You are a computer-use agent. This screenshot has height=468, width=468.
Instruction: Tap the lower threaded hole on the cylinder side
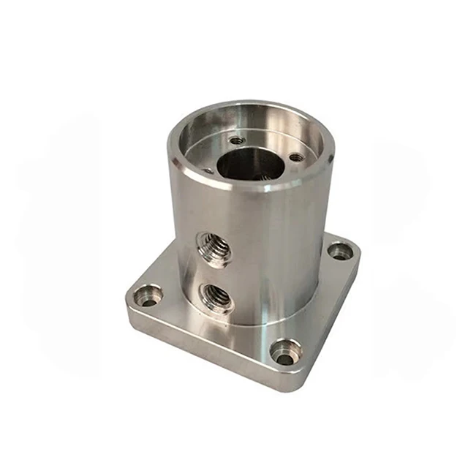click(216, 296)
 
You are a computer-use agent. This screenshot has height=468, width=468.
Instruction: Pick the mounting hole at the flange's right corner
click(340, 252)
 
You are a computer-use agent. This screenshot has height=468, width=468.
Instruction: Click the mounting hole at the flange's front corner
click(285, 352)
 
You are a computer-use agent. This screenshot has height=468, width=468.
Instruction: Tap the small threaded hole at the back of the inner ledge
click(237, 140)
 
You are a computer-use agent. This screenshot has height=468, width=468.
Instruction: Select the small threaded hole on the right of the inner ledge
click(295, 157)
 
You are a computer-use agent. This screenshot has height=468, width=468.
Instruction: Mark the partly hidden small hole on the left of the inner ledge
click(207, 170)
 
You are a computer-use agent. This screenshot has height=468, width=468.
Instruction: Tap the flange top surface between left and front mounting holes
click(212, 329)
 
